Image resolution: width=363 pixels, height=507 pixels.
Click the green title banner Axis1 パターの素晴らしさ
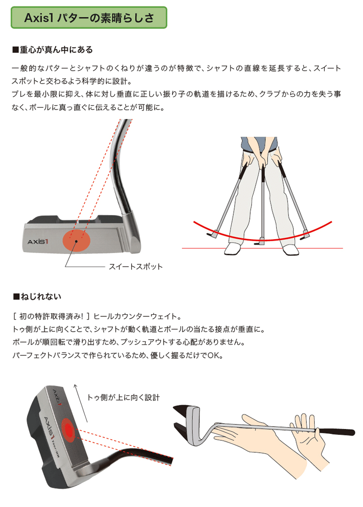89,18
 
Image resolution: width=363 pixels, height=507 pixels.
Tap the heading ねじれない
36,295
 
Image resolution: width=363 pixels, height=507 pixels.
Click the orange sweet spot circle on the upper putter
76,240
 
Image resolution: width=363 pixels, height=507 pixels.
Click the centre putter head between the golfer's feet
262,239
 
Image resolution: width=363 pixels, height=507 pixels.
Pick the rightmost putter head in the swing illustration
304,238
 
